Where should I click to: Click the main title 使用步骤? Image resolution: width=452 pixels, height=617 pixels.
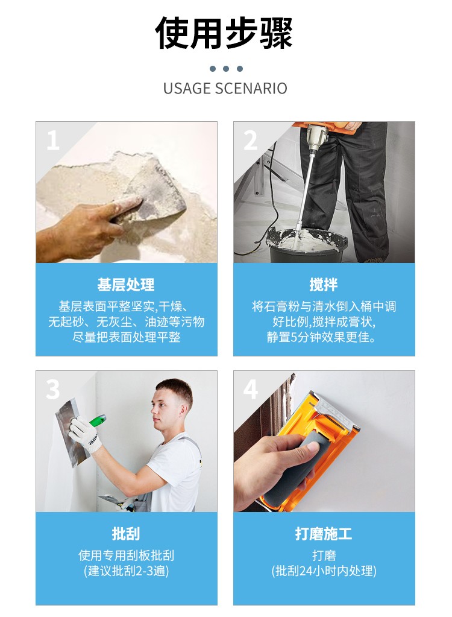click(x=224, y=33)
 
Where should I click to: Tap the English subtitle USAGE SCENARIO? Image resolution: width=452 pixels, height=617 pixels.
click(x=225, y=89)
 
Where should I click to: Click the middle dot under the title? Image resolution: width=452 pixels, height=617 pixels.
click(x=225, y=69)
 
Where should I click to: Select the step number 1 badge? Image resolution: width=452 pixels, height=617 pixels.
click(x=52, y=141)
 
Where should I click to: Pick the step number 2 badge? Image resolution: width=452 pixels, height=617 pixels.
click(x=250, y=141)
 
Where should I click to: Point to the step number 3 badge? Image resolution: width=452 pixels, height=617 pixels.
click(x=52, y=390)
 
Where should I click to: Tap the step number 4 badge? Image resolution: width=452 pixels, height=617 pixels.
click(x=250, y=390)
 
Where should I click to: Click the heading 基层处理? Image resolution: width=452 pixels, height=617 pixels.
click(x=126, y=285)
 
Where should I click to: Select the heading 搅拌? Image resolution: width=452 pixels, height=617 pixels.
click(x=324, y=285)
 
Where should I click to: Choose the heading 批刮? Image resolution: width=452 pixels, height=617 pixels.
click(x=126, y=534)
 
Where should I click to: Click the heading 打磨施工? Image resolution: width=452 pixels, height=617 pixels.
click(x=324, y=534)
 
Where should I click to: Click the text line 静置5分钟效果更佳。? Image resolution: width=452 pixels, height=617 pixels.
click(x=321, y=337)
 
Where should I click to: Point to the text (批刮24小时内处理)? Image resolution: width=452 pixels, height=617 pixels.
click(x=324, y=571)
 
